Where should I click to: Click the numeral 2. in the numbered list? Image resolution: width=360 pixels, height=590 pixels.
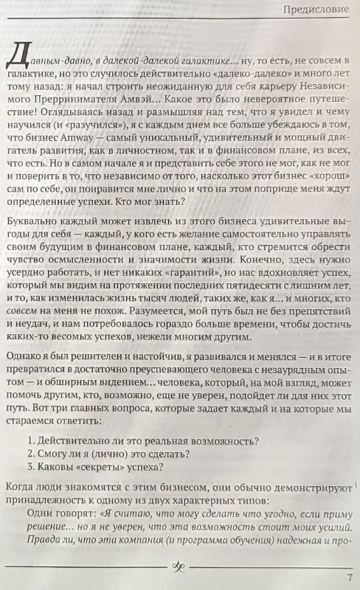coord(30,457)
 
